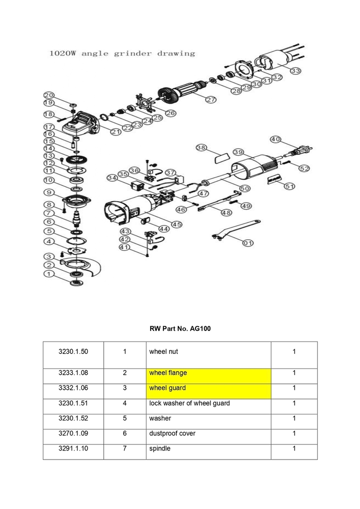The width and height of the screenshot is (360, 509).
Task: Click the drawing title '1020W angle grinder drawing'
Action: (x=122, y=53)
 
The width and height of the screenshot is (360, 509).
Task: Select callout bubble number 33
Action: (x=295, y=71)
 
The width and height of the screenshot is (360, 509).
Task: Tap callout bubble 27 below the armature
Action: (x=211, y=100)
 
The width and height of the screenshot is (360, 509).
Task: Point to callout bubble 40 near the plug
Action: (x=275, y=139)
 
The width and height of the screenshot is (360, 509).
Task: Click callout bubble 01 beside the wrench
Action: (x=247, y=243)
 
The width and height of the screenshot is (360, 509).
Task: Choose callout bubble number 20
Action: (x=48, y=95)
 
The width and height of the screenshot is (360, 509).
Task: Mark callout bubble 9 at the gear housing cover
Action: (x=48, y=192)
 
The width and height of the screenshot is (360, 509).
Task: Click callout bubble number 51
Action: (x=289, y=186)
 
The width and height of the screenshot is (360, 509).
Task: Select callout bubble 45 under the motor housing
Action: (x=177, y=224)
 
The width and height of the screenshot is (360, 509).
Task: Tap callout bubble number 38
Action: (x=202, y=148)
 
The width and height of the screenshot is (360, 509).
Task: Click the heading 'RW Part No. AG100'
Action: (x=180, y=329)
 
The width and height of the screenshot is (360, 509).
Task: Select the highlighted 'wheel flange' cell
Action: (x=208, y=373)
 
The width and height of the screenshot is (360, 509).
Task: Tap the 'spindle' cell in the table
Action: (x=208, y=449)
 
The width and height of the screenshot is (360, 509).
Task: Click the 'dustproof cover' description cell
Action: (x=208, y=434)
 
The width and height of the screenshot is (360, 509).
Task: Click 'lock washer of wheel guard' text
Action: (x=189, y=404)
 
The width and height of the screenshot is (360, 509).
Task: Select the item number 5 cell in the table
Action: (x=125, y=418)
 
